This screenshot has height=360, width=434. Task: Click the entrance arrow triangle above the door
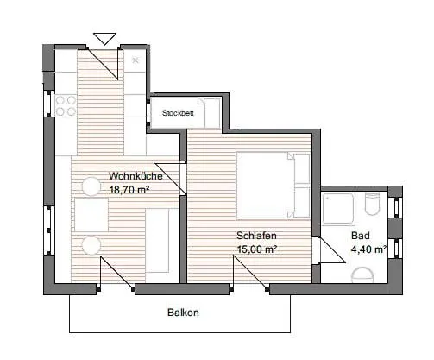click(105, 39)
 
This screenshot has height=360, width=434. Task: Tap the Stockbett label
click(178, 113)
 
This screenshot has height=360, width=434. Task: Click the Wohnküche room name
click(135, 176)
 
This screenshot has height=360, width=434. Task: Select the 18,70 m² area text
click(129, 190)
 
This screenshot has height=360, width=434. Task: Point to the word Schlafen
click(256, 236)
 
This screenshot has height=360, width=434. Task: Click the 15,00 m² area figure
click(257, 249)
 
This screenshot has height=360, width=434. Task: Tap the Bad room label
click(361, 236)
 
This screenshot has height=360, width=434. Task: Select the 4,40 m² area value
click(368, 249)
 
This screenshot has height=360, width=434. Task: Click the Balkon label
click(183, 313)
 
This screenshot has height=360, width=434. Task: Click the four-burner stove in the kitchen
click(66, 105)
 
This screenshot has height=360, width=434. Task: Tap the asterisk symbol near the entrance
click(135, 60)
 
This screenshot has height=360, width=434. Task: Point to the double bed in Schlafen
click(273, 185)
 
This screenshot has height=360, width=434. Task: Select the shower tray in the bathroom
click(338, 208)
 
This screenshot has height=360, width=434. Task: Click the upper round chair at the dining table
click(91, 186)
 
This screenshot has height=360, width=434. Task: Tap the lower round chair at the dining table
click(91, 245)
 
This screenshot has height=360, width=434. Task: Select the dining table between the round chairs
click(91, 215)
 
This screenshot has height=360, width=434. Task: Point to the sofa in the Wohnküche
click(157, 241)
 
